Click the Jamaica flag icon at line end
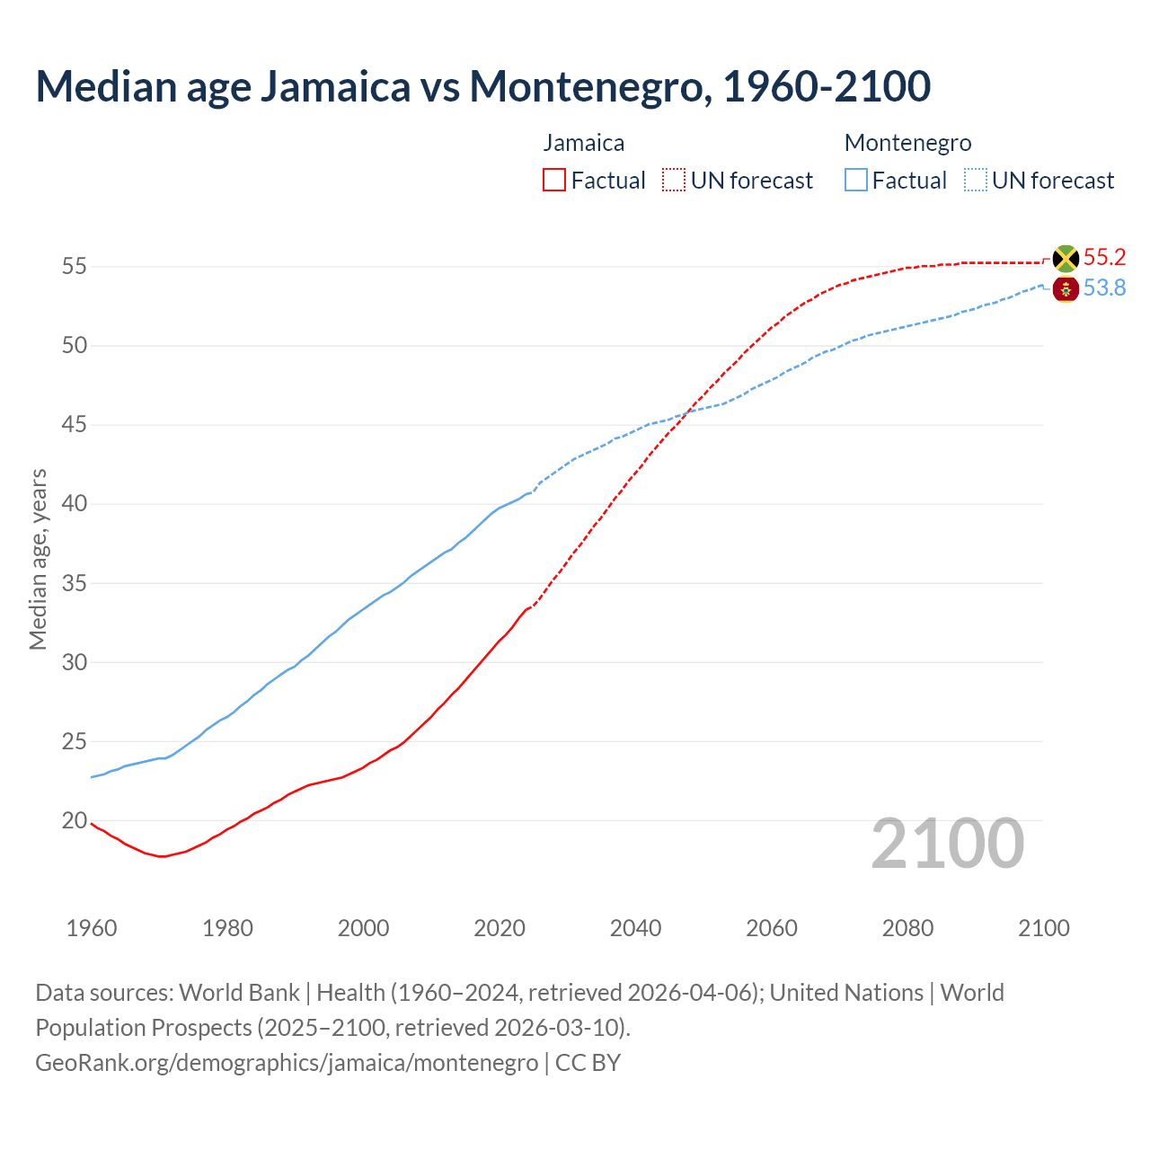tap(1066, 259)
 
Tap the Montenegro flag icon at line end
tap(1066, 289)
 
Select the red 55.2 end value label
tap(1104, 258)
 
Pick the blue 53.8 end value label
tap(1104, 288)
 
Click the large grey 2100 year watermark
tap(948, 844)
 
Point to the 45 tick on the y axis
tap(75, 425)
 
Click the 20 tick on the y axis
tap(75, 820)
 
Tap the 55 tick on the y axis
tap(75, 267)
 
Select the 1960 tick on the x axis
tap(92, 928)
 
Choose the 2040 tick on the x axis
tap(635, 928)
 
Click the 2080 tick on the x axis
tap(907, 928)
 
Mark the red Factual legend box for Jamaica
tap(554, 181)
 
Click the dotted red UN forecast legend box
tap(674, 181)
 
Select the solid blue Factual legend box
tap(856, 181)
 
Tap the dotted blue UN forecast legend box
tap(976, 181)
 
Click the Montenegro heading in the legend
tap(907, 143)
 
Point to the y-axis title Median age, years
tap(38, 559)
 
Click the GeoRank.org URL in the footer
tap(287, 1063)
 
